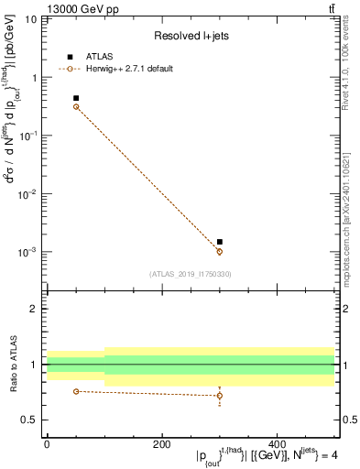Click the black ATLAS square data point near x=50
coord(76,98)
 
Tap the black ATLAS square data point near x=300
coord(220,242)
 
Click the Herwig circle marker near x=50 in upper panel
coord(76,107)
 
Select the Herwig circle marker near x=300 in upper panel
coord(220,252)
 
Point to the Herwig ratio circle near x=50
coord(76,391)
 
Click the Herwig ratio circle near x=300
coord(220,396)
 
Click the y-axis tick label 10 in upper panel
coord(31,19)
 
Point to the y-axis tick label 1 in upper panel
coord(35,78)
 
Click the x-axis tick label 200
coord(162,444)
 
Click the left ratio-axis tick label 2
coord(35,309)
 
